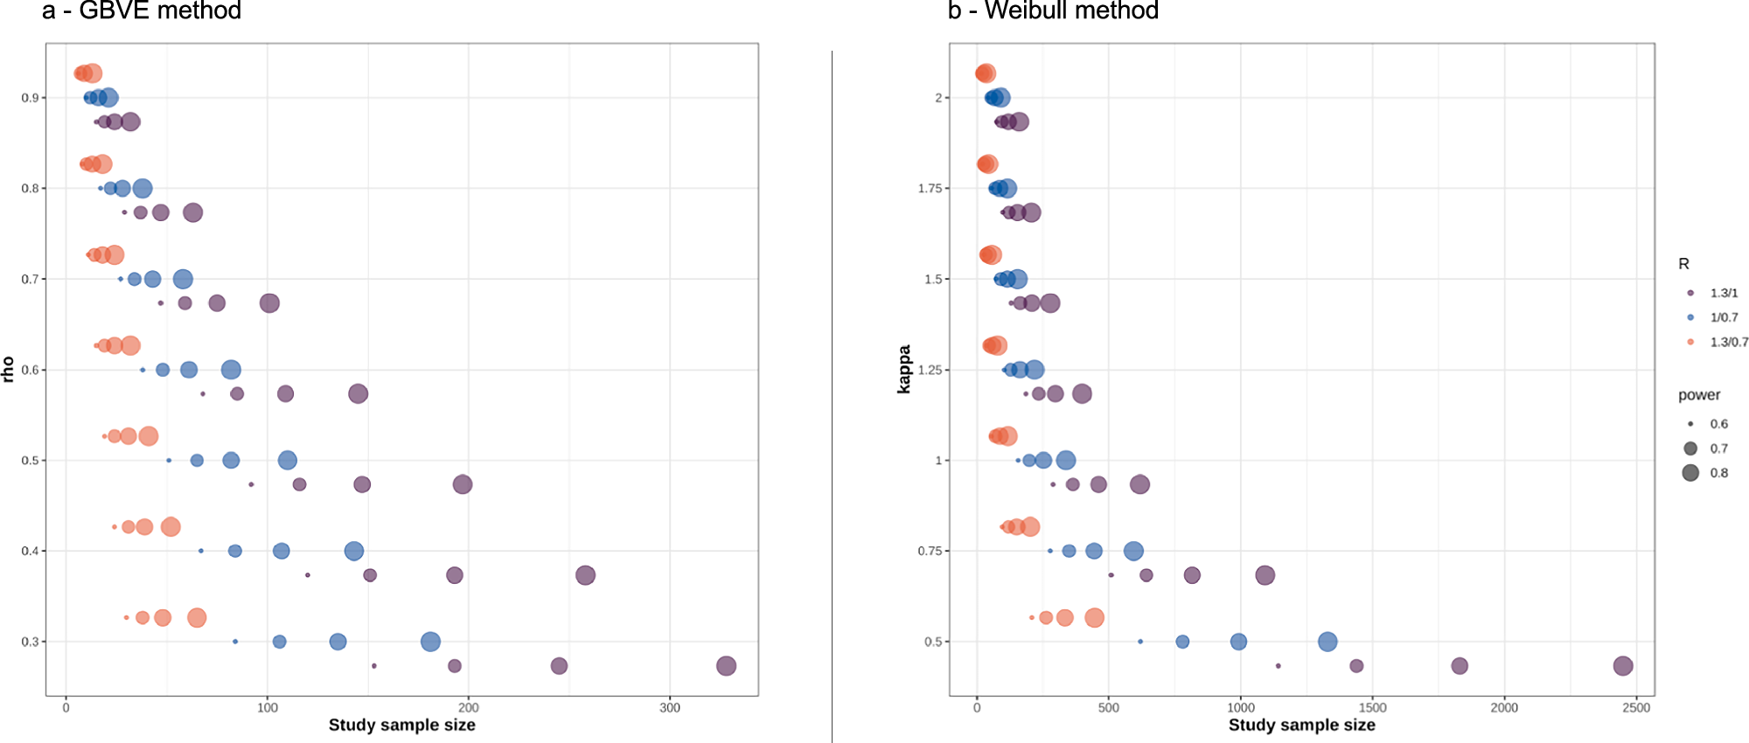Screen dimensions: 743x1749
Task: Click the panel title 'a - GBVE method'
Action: pyautogui.click(x=142, y=11)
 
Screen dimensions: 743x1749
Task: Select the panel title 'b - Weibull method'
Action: pyautogui.click(x=1053, y=11)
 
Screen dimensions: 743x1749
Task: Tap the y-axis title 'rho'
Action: pyautogui.click(x=9, y=369)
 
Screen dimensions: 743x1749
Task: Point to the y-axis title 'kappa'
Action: pyautogui.click(x=904, y=369)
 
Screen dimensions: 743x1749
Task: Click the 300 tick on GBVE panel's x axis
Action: pyautogui.click(x=670, y=708)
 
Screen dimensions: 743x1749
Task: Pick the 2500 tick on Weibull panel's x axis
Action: pyautogui.click(x=1636, y=708)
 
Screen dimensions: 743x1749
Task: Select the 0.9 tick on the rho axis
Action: pyautogui.click(x=30, y=98)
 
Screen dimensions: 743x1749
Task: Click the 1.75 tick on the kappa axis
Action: pyautogui.click(x=930, y=189)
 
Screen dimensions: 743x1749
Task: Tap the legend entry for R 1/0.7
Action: pyautogui.click(x=1724, y=317)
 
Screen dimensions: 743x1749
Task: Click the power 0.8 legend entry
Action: pyautogui.click(x=1718, y=473)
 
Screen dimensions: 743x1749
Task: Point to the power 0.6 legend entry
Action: pyautogui.click(x=1718, y=424)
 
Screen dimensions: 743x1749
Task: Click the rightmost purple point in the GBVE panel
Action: pyautogui.click(x=726, y=666)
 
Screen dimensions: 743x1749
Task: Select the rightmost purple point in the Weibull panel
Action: pyautogui.click(x=1623, y=666)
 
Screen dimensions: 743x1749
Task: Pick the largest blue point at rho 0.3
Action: pyautogui.click(x=430, y=642)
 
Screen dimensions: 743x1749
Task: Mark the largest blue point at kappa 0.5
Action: pyautogui.click(x=1327, y=642)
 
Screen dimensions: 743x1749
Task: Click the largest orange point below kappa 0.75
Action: pyautogui.click(x=1094, y=618)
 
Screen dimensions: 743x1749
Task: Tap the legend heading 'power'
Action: pyautogui.click(x=1698, y=395)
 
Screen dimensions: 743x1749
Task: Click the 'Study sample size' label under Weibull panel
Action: pyautogui.click(x=1301, y=726)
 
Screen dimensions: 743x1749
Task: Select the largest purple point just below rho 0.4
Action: pyautogui.click(x=586, y=575)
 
